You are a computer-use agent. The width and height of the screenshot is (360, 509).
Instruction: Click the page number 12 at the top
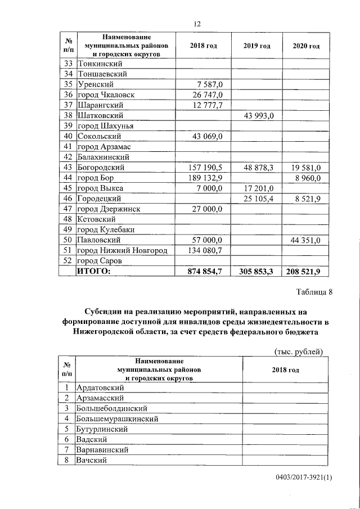[197, 24]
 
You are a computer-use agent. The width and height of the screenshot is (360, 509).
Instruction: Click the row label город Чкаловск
[106, 94]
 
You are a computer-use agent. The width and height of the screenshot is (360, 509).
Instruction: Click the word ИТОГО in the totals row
[94, 271]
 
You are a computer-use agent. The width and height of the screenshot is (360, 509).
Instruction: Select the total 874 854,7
[205, 271]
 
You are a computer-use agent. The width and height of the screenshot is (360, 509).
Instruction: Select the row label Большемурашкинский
[117, 418]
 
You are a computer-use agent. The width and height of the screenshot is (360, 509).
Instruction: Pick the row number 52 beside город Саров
[67, 261]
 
